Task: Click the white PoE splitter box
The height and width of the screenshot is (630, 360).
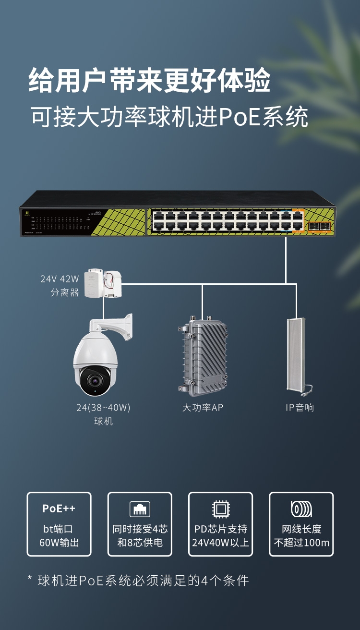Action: (102, 283)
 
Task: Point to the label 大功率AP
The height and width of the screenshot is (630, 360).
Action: (203, 408)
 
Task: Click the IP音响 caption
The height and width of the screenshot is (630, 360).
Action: (300, 408)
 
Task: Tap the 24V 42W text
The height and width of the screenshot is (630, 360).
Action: (60, 279)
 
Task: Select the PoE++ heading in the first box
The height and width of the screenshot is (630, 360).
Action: (59, 509)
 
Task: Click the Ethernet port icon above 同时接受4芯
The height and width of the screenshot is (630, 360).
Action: (140, 509)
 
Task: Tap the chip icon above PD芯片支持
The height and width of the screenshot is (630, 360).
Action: (220, 509)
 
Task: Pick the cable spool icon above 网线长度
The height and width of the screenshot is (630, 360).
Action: (301, 509)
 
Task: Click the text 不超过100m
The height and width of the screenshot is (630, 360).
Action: (301, 543)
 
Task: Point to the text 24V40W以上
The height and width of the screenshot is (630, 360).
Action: (221, 543)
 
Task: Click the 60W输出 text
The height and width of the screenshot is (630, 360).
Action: (59, 543)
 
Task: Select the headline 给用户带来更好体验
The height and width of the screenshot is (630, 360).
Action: (149, 80)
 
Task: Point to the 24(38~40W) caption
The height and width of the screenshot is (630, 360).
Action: (103, 408)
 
